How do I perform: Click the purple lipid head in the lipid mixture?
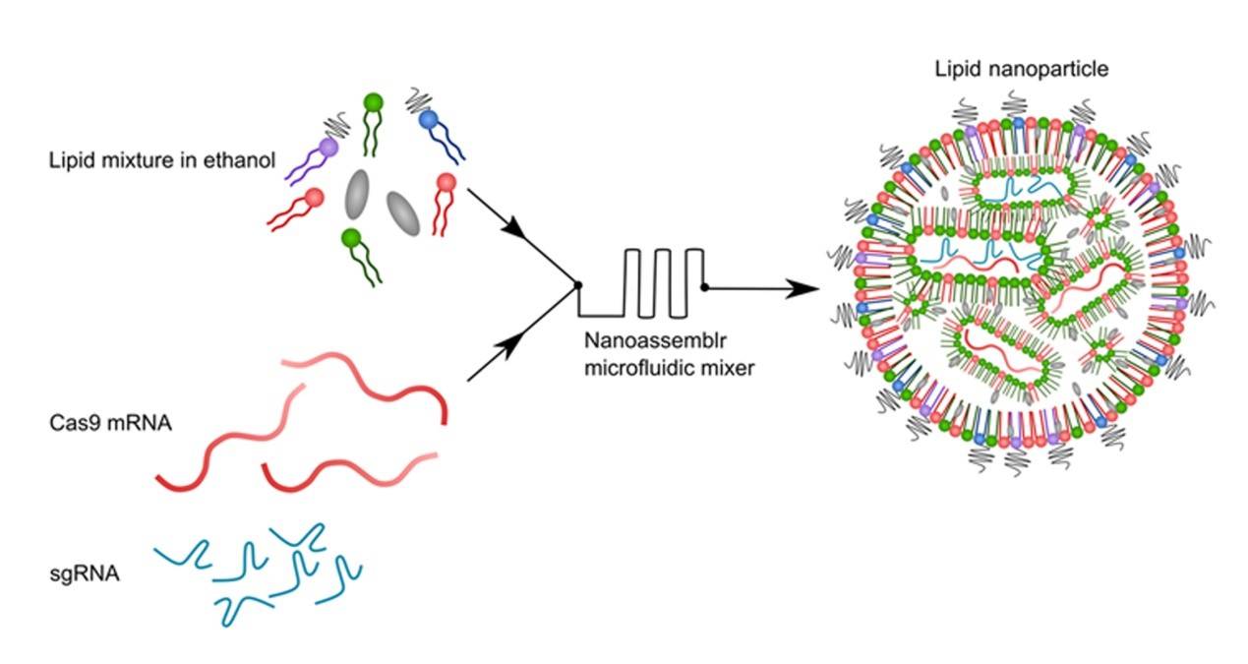coord(327,147)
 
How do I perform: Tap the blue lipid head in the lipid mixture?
coord(428,120)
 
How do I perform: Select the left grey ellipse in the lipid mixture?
coord(358,197)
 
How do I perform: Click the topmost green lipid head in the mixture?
coord(373,101)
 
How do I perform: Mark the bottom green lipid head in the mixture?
coord(349,237)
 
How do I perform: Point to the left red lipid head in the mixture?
coord(315,198)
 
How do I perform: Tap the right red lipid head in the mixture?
coord(446,182)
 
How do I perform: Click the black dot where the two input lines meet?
coord(577,285)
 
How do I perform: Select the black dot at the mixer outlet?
coord(704,287)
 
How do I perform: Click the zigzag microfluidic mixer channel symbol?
coord(654,283)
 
